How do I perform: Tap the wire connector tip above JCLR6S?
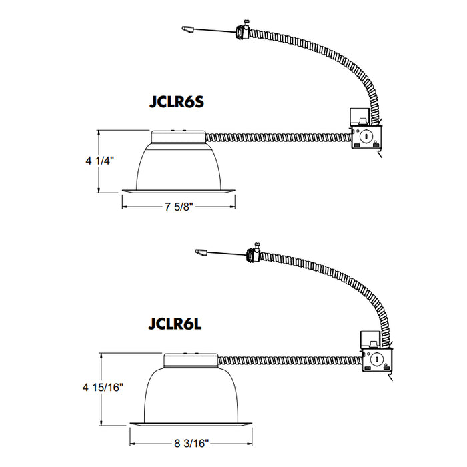point(187,29)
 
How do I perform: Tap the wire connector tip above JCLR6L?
point(199,252)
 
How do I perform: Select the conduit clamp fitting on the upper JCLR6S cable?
point(242,31)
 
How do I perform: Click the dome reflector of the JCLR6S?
point(178,167)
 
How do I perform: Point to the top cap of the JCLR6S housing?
point(178,136)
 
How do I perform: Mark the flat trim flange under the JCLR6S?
point(178,193)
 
